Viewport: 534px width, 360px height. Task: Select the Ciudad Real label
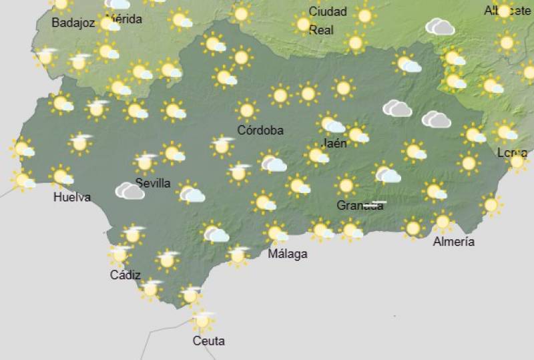[327, 20]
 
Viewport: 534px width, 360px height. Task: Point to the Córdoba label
[260, 130]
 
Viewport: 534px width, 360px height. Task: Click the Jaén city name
[334, 143]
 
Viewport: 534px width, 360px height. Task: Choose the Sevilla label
[153, 183]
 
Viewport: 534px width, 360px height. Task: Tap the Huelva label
[72, 198]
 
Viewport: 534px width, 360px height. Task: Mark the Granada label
[360, 205]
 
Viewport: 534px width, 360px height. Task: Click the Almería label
[454, 241]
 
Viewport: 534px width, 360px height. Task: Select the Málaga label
[288, 254]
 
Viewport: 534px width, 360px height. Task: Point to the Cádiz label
[125, 275]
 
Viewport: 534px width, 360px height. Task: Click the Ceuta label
[208, 341]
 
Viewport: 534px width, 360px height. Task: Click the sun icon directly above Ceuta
[202, 321]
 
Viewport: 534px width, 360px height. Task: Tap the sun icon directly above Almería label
[442, 221]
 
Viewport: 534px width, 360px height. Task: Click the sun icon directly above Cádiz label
[120, 254]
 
